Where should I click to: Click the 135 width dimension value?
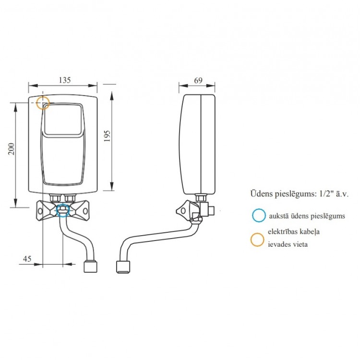pyautogui.click(x=64, y=81)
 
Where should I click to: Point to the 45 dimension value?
pyautogui.click(x=27, y=259)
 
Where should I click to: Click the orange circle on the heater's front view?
pyautogui.click(x=43, y=102)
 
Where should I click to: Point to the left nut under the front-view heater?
pyautogui.click(x=54, y=197)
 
